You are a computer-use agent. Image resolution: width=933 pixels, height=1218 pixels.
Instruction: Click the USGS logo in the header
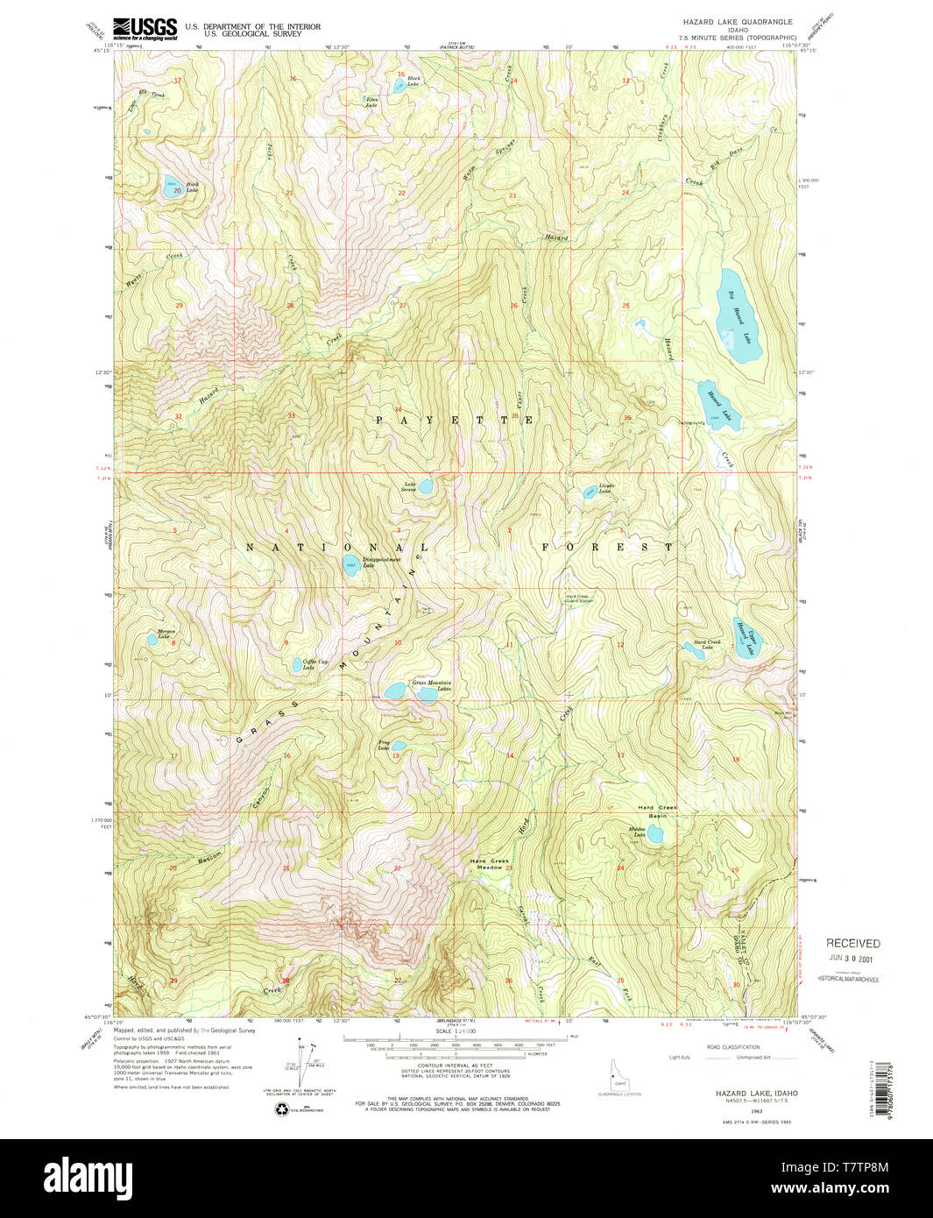click(x=145, y=28)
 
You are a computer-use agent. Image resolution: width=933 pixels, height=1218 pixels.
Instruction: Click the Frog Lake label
click(x=383, y=746)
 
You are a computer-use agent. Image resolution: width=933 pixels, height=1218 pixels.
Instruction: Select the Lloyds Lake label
click(x=606, y=488)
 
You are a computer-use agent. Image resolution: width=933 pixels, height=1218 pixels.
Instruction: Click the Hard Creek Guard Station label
click(x=579, y=598)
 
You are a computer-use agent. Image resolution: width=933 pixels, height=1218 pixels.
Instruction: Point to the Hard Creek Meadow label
click(x=489, y=864)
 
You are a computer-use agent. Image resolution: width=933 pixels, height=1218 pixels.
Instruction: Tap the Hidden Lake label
click(x=637, y=832)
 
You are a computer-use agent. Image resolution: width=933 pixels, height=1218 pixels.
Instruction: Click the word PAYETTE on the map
click(x=455, y=421)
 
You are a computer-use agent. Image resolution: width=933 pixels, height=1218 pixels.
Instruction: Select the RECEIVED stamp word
click(x=852, y=943)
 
